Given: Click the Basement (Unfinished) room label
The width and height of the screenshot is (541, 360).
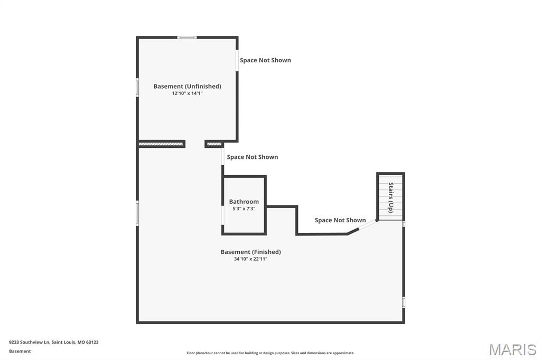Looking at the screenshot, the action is point(188,86).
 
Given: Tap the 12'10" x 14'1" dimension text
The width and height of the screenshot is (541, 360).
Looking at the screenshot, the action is point(188,93).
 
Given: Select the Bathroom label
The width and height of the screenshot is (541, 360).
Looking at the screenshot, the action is point(244,202).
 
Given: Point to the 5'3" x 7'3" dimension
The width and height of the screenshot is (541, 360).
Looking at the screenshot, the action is point(244,209).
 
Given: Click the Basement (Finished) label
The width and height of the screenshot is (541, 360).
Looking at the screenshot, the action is point(251,252).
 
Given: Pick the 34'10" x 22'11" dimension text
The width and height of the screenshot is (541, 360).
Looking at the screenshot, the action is point(251,259).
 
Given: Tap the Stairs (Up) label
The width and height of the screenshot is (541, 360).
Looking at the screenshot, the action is point(391,197).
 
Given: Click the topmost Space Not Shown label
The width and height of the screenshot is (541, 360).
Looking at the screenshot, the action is point(265,60).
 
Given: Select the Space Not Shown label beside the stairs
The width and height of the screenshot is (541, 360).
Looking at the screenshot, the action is point(340,220).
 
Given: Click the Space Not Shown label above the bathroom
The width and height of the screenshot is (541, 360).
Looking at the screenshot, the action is point(253,157).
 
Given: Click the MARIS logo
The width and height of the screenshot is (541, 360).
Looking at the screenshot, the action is point(512,349).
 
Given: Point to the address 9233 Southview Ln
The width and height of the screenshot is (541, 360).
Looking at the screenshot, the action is point(30,343).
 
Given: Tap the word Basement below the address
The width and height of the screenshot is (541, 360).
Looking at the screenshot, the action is point(20,352).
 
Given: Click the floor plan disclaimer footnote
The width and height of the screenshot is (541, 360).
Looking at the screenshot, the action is point(270,353).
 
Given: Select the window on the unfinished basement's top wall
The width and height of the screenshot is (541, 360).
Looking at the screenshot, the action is point(187,37).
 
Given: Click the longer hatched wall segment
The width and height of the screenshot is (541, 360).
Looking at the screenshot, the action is point(161,144).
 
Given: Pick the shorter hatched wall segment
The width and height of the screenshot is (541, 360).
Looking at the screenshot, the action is point(214,144).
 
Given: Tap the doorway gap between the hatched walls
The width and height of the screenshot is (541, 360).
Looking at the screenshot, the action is point(195,144).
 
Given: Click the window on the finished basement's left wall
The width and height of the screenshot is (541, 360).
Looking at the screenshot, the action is point(137,213).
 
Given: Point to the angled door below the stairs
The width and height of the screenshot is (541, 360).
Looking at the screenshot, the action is point(368,224).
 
